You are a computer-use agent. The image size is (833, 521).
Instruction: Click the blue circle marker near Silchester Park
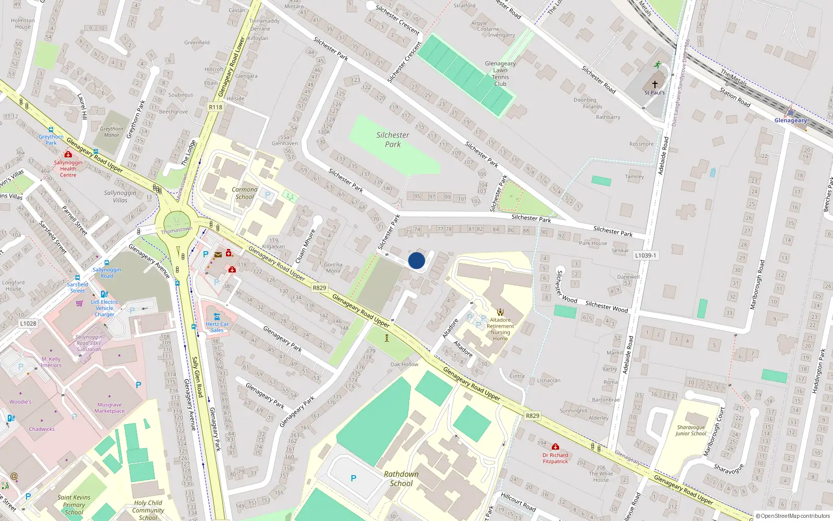pos(416,260)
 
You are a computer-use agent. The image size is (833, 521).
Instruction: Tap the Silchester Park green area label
pos(393,139)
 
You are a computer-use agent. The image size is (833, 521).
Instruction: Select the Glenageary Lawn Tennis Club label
pos(500,73)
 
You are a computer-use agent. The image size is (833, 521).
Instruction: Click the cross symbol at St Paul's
pos(654,84)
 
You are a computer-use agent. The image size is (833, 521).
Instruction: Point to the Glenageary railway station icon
pos(790,111)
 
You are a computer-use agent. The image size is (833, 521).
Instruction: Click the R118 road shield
pos(215,107)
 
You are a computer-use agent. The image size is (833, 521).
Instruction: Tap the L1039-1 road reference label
pos(646,255)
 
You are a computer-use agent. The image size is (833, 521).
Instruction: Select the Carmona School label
pos(244,193)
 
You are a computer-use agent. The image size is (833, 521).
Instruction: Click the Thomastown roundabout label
pos(176,230)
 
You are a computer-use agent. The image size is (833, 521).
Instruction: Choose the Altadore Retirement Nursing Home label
pos(500,329)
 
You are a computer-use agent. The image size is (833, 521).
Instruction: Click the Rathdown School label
pos(401,478)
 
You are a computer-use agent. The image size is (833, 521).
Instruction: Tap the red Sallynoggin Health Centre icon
pos(68,155)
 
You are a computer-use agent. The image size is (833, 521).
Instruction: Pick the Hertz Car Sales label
pos(217,327)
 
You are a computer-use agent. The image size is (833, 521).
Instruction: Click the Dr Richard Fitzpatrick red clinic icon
pos(556,447)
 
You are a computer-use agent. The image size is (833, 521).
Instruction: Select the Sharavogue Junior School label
pos(691,430)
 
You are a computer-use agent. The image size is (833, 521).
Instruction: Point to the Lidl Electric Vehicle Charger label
pos(104,308)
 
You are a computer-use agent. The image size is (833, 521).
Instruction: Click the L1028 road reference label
pos(28,323)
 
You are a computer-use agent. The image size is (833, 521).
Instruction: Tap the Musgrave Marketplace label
pos(109,407)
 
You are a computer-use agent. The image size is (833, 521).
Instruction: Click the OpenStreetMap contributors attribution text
pos(792,516)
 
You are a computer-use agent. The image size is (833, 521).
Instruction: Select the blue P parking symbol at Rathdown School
pos(354,478)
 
